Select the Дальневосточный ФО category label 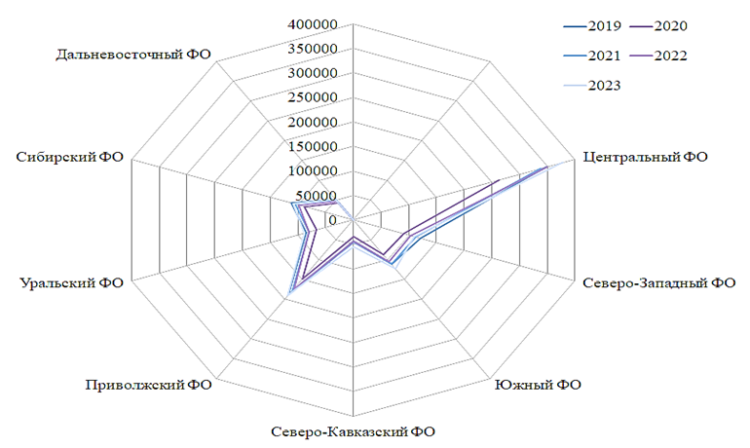134,53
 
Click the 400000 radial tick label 314,23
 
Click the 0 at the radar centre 332,221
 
